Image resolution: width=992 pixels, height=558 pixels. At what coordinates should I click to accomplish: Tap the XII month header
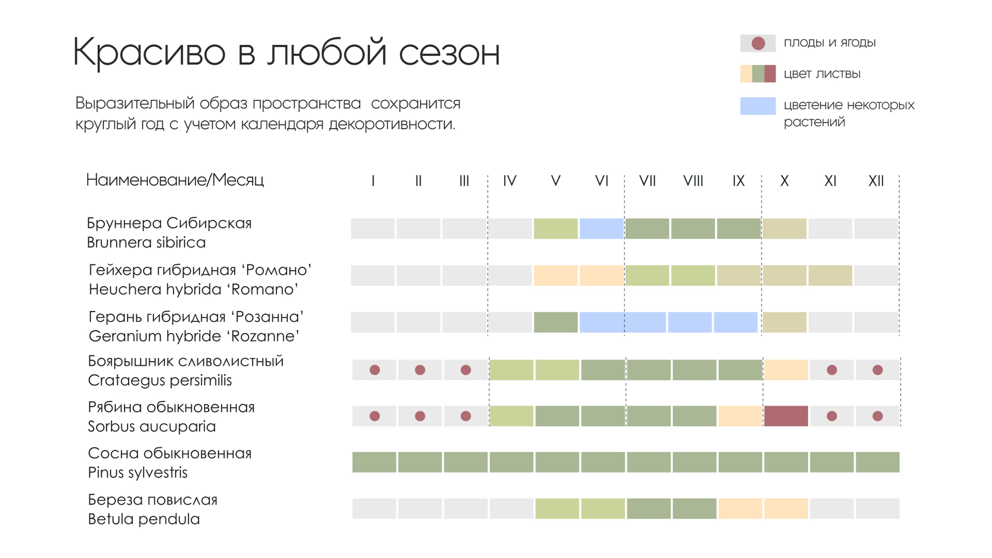(x=876, y=181)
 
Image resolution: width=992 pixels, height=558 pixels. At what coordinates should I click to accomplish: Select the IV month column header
(x=509, y=181)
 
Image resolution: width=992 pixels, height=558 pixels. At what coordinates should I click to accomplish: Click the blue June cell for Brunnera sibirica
(x=601, y=228)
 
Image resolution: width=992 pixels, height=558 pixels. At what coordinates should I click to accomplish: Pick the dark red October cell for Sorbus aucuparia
(x=786, y=416)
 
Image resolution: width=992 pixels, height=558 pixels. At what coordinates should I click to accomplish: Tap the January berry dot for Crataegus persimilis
(x=374, y=370)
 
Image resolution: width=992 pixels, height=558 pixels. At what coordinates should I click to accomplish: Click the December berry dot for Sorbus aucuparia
(x=877, y=416)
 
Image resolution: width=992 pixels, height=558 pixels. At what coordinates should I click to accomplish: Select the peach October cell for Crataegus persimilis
(x=786, y=370)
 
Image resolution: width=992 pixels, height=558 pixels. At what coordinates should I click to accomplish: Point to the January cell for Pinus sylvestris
(x=374, y=462)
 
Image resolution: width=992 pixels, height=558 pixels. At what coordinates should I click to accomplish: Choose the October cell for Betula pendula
(x=786, y=508)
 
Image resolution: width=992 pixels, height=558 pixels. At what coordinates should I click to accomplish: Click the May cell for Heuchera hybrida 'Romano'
(x=555, y=275)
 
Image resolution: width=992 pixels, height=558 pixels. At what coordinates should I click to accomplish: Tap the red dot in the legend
(x=758, y=43)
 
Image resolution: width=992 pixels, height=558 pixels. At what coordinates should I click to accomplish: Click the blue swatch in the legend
(x=757, y=106)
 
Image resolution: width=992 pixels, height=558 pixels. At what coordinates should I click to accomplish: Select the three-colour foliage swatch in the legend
(x=757, y=74)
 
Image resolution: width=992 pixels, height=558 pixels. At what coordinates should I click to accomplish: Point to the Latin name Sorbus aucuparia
(x=152, y=426)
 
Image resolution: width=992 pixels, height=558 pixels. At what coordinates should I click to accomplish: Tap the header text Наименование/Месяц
(x=175, y=180)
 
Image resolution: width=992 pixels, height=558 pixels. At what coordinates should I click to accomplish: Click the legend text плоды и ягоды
(x=830, y=42)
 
